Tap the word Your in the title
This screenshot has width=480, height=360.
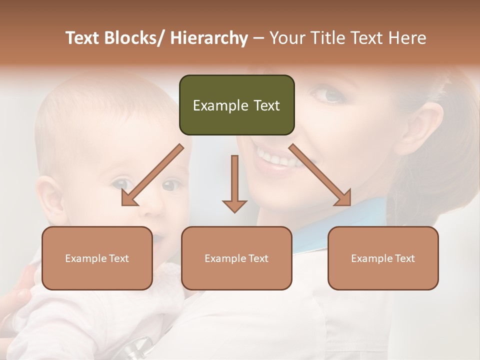(x=287, y=38)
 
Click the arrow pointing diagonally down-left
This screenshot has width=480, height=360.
(x=152, y=175)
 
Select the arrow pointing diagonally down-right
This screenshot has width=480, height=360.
(x=320, y=175)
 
